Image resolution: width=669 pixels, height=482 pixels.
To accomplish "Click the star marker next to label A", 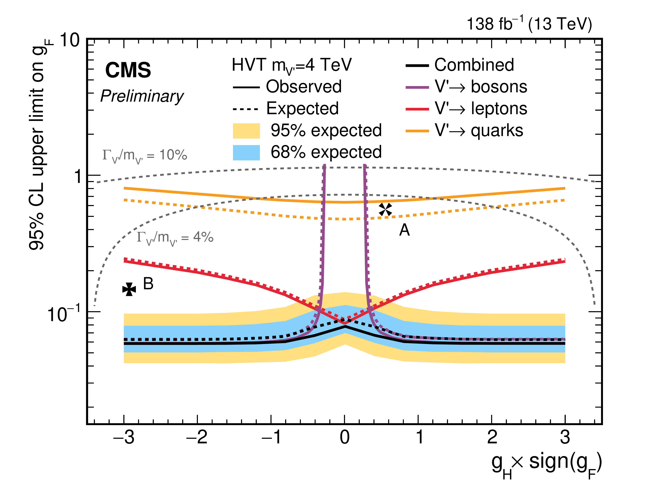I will tap(385, 210).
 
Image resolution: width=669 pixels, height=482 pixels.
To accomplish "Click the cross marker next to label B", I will tap(129, 289).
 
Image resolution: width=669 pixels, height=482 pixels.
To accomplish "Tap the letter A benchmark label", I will tap(404, 230).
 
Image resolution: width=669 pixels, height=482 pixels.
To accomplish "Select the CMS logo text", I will tap(128, 70).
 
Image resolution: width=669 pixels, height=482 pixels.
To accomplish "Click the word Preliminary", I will tap(142, 96).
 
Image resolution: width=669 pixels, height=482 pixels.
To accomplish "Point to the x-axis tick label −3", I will tap(124, 437).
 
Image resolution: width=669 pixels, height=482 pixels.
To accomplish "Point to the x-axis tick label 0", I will tap(345, 437).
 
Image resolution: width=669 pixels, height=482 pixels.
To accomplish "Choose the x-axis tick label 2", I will tap(492, 437).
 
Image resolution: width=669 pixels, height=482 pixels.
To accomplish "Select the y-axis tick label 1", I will tap(77, 177).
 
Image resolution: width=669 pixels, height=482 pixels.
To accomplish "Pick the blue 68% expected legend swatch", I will tap(246, 153).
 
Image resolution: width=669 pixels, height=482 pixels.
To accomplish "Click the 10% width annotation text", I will tap(145, 155).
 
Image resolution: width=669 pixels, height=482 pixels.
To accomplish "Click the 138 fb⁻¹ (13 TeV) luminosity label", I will tap(529, 24).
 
